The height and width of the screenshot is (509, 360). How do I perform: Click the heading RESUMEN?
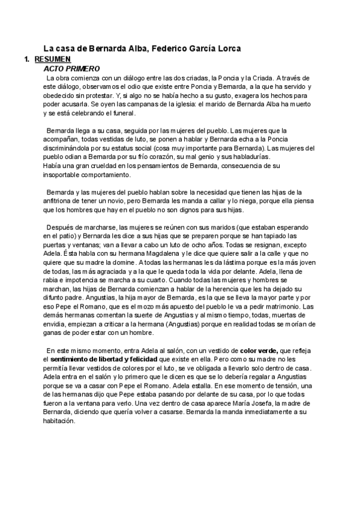click(x=53, y=59)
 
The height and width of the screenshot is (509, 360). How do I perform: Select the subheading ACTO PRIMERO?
click(x=67, y=68)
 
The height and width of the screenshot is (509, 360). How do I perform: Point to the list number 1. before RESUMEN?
click(x=26, y=59)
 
